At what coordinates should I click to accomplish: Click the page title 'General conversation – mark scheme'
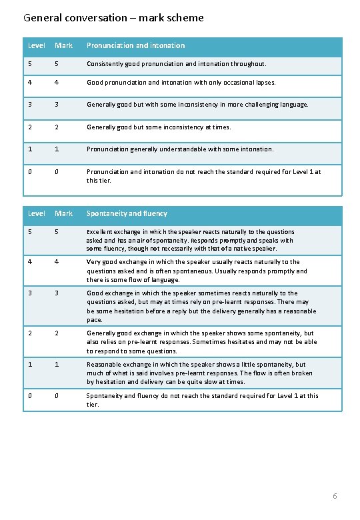113,18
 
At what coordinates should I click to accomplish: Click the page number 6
335,496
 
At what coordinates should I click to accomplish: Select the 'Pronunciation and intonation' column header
135,45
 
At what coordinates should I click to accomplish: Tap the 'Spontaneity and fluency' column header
127,213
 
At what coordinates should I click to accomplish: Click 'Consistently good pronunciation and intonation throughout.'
176,64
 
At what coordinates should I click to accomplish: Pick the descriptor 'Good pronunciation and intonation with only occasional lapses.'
181,83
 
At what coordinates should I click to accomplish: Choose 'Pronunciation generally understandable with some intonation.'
179,149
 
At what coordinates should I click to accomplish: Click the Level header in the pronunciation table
36,45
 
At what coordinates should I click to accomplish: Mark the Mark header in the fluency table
63,213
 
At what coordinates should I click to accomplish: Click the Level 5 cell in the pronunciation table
30,64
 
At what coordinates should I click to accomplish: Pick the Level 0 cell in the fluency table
30,395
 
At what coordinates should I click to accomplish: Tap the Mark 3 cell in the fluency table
57,293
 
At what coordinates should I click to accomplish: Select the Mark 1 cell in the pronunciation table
57,149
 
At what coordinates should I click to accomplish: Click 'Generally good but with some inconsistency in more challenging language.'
197,105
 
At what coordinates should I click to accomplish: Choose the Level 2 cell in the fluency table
30,333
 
